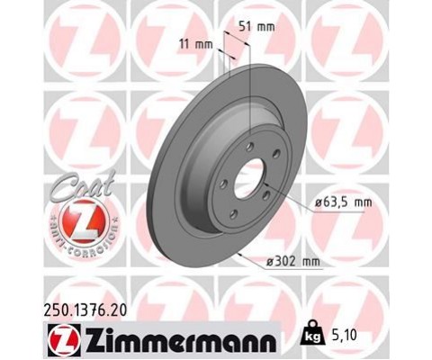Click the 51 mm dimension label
tap(260, 26)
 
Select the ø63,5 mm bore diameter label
tap(343, 203)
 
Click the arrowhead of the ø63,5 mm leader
tap(266, 186)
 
